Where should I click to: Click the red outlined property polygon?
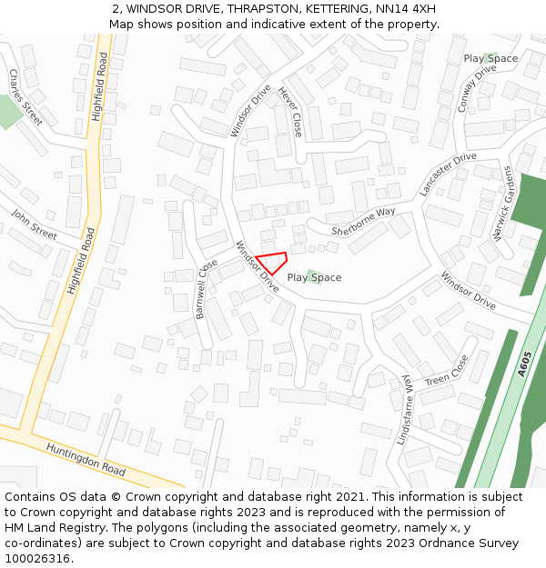[x=273, y=262]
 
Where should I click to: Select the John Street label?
[x=34, y=224]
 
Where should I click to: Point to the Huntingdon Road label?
[x=86, y=459]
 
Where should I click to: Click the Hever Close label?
[x=290, y=112]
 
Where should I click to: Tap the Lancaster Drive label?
[x=448, y=174]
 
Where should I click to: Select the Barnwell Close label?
[x=207, y=287]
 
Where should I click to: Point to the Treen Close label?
[x=447, y=369]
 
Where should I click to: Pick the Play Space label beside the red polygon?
[x=315, y=277]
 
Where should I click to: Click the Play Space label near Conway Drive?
[x=490, y=58]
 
